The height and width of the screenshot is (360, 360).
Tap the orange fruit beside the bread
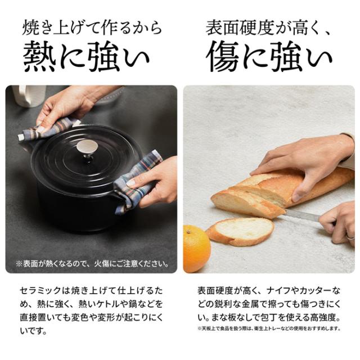(x=196, y=249)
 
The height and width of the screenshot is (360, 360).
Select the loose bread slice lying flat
(x=240, y=231)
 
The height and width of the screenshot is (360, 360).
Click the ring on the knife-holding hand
(x=351, y=237)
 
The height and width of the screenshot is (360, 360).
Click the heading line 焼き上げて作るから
(x=92, y=28)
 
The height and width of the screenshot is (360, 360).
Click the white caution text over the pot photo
(x=92, y=263)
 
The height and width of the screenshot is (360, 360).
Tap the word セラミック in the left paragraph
(x=40, y=291)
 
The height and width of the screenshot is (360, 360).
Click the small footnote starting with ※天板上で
(x=269, y=328)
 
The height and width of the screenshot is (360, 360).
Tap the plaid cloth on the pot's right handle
(x=136, y=181)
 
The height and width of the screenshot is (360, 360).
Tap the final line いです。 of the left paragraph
(x=33, y=331)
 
